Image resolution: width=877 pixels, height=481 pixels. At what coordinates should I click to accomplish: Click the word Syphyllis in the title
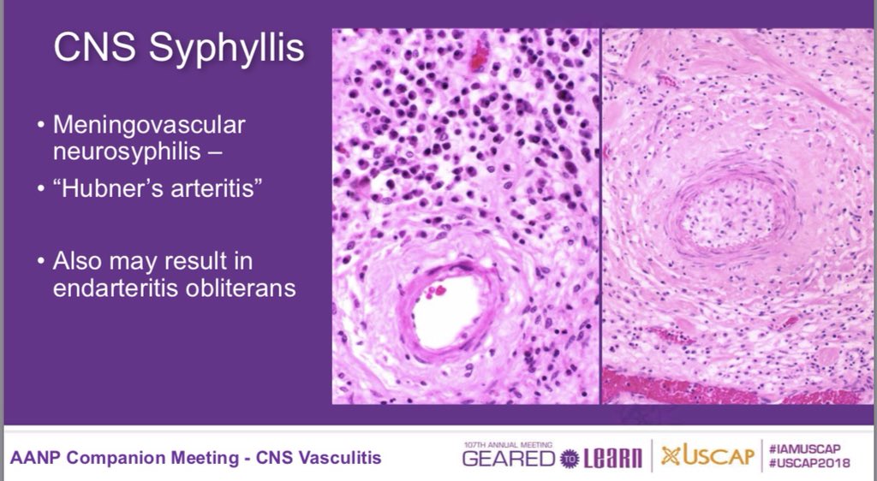click(x=227, y=49)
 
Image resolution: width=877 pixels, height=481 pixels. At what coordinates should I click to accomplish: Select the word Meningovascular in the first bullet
click(x=149, y=125)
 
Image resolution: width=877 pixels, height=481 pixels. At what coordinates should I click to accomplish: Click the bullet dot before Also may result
click(x=42, y=260)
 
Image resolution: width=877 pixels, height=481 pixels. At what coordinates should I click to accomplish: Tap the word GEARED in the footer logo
click(x=510, y=460)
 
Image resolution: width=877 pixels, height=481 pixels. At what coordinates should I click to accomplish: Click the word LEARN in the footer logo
click(x=613, y=460)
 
